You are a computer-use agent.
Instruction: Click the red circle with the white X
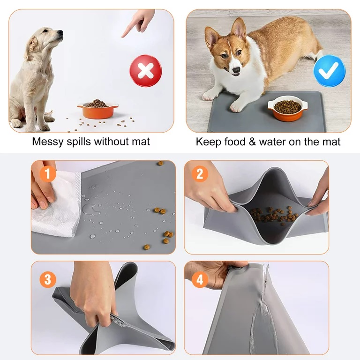[x=146, y=71]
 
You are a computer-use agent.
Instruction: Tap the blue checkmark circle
[x=330, y=71]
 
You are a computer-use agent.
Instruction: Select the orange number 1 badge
[x=48, y=174]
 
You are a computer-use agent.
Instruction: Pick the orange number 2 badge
[x=200, y=174]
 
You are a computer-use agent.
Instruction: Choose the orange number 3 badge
[x=48, y=280]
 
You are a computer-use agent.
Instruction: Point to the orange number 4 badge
[x=200, y=280]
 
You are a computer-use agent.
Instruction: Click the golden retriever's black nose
[x=60, y=32]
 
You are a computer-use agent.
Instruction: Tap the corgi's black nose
[x=236, y=70]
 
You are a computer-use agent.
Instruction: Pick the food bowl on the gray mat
[x=287, y=108]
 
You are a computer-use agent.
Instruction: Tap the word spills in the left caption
[x=79, y=142]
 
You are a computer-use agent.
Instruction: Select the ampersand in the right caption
[x=252, y=142]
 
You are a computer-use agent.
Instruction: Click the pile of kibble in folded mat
[x=274, y=215]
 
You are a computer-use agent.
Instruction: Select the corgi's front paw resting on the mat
[x=236, y=106]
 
